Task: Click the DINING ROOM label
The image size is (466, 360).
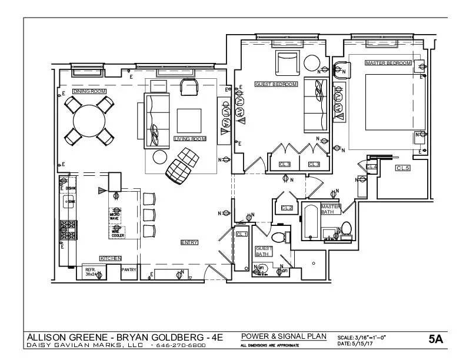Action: tap(88, 92)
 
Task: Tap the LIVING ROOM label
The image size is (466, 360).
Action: tap(189, 139)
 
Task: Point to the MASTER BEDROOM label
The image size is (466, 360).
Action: tap(387, 63)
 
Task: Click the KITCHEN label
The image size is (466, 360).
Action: tap(110, 258)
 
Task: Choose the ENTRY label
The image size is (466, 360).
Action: tap(189, 242)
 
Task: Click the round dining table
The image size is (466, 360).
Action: tap(89, 121)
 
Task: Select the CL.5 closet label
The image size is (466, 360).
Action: tap(402, 168)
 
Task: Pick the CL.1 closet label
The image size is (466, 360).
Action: tap(241, 234)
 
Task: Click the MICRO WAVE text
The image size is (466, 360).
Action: tap(114, 216)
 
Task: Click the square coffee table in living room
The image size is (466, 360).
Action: tap(189, 121)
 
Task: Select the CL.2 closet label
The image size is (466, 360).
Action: tap(287, 208)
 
